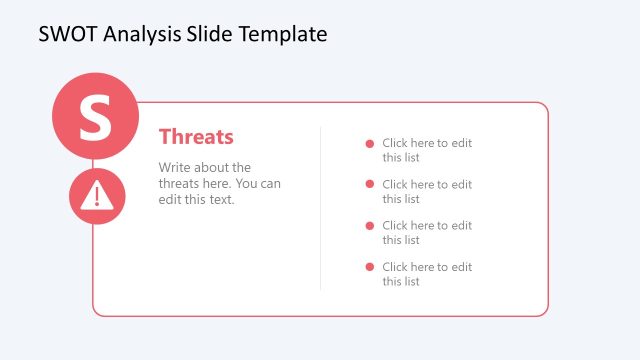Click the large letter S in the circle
point(95,116)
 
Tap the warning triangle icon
point(97,196)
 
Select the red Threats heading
point(196,137)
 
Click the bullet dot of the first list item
point(370,143)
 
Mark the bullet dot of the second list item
point(370,184)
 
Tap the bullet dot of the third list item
point(370,225)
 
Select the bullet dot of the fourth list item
point(370,266)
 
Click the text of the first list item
point(426,150)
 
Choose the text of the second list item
point(426,191)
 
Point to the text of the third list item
point(426,232)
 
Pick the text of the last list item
point(426,273)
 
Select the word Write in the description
point(176,168)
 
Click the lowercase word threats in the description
point(181,184)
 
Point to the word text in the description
point(219,200)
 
